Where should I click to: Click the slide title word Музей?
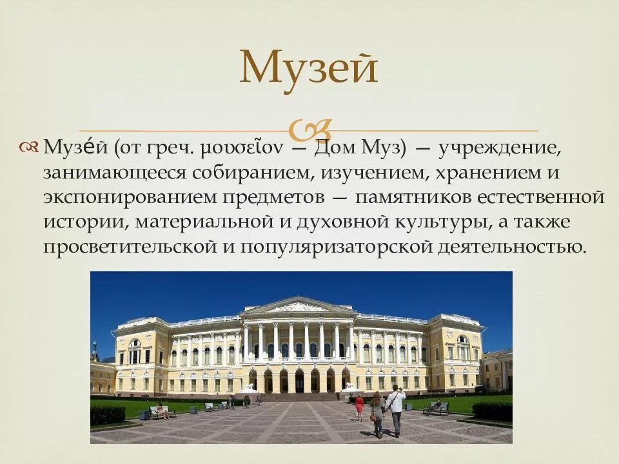coord(308,67)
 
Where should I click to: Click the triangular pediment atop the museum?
coord(299,305)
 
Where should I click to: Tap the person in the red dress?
coord(359,408)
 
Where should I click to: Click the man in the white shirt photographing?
coord(395,410)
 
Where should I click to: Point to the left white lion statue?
coord(248,388)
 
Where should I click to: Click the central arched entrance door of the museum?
coord(299,381)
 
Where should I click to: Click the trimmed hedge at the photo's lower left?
coord(108,414)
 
